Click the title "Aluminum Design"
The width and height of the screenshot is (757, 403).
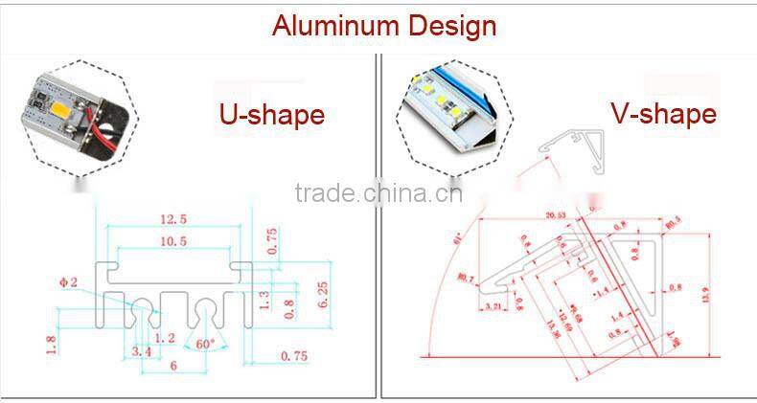[x=384, y=25]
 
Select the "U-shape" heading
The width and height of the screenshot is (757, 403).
[x=271, y=115]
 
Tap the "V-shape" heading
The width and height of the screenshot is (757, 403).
[x=663, y=114]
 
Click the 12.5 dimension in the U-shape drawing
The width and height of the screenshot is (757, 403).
[x=172, y=220]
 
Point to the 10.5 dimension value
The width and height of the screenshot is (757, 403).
[x=172, y=242]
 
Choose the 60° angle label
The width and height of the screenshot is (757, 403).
[x=204, y=343]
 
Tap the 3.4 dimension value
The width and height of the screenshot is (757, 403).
[x=143, y=353]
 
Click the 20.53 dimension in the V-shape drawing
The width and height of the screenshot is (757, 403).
[x=558, y=215]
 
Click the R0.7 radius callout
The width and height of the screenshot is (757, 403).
[x=467, y=280]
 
